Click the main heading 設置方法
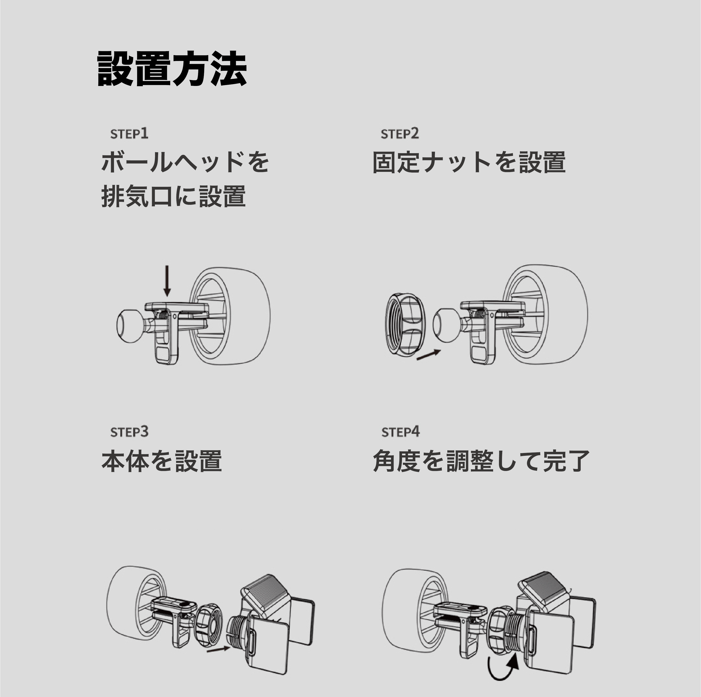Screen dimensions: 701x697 172,69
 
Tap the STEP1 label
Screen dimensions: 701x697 129,134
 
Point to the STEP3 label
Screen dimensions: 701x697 129,432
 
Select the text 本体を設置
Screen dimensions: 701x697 161,461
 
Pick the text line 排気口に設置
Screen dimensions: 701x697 173,196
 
